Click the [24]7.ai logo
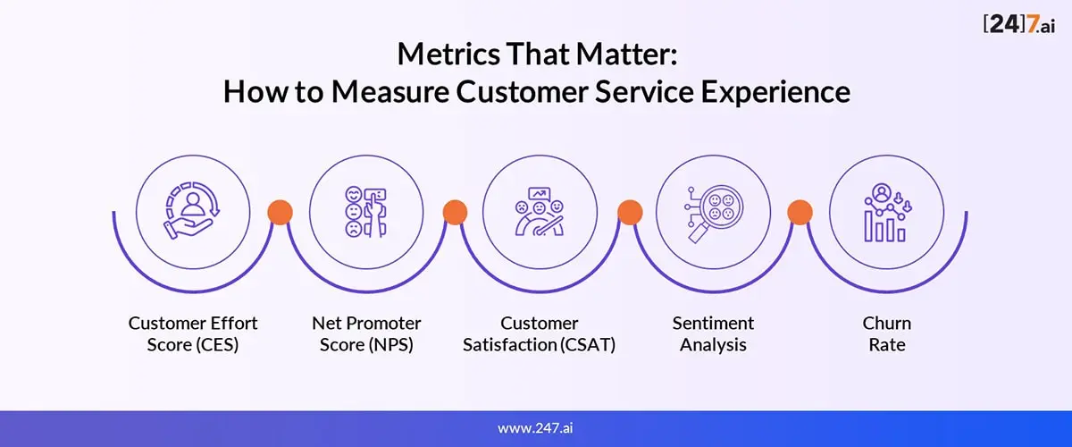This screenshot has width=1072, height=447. (1019, 24)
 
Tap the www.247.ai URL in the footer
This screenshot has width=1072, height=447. (535, 428)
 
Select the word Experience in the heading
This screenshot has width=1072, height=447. (775, 92)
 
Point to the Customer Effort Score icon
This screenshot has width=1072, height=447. (192, 210)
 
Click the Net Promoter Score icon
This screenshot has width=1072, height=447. (366, 212)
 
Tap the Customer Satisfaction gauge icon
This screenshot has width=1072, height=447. (540, 211)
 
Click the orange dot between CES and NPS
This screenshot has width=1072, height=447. (280, 212)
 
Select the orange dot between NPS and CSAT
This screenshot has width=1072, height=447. (455, 212)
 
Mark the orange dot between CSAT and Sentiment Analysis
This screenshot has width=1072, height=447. (630, 212)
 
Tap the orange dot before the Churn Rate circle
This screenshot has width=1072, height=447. (800, 212)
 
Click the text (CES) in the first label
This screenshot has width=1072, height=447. (217, 345)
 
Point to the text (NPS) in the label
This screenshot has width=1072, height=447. (391, 345)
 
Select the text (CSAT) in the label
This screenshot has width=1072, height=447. (588, 345)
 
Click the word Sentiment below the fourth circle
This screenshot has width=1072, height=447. (713, 324)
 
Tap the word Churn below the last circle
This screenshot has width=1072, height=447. (887, 324)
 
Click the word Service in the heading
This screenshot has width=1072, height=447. (644, 92)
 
